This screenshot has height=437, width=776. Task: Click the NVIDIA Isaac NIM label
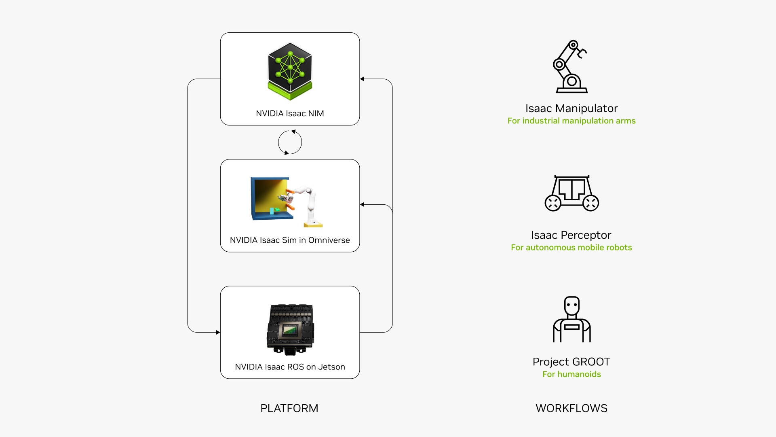[x=290, y=113]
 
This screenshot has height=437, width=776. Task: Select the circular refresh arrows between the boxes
[x=290, y=142]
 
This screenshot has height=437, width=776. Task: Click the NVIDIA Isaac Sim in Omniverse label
[x=290, y=240]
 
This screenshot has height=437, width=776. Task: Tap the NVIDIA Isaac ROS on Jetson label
[x=290, y=367]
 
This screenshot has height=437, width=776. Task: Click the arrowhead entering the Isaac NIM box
[x=362, y=79]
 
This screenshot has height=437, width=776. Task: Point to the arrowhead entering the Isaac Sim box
[x=362, y=205]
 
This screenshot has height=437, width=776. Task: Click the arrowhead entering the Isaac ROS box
[x=218, y=332]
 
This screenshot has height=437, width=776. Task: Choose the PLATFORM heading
[x=289, y=408]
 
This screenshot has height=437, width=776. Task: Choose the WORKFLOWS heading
[x=571, y=408]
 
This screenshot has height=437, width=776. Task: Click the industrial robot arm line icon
[x=570, y=67]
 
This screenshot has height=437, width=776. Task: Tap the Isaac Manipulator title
[x=571, y=108]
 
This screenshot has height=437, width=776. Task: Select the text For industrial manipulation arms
[x=571, y=121]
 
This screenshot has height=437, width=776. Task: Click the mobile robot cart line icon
[x=571, y=193]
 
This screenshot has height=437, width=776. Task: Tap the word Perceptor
[x=586, y=235]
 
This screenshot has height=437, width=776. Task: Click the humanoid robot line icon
[x=571, y=320]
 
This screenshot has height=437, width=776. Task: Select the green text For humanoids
[x=571, y=374]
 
